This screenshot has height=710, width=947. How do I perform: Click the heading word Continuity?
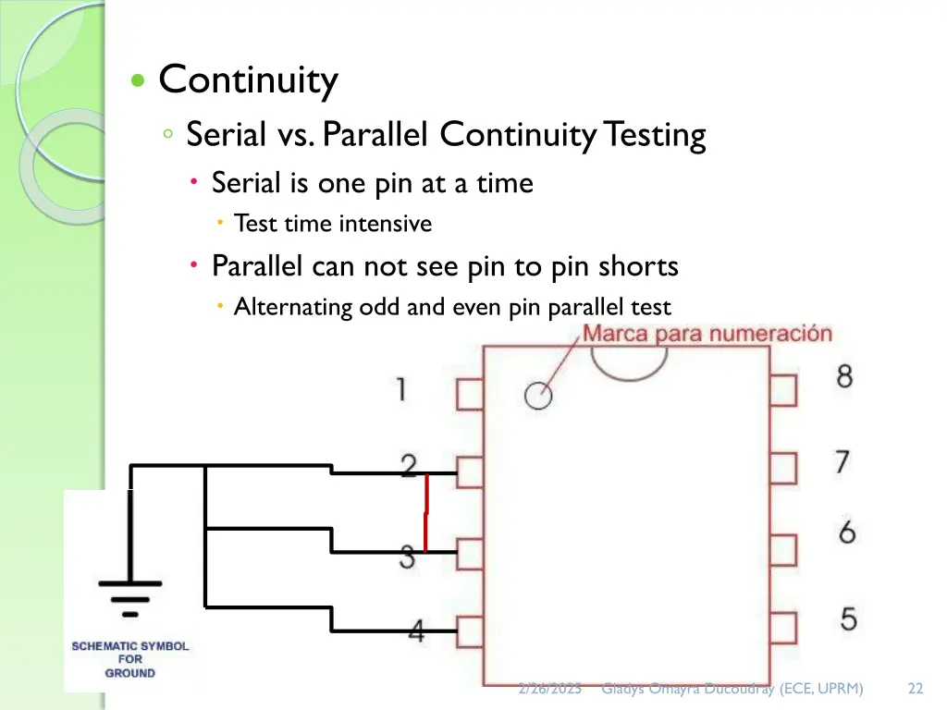coord(248,80)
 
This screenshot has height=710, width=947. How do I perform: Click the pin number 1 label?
coord(400,388)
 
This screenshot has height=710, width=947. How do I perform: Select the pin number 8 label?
coord(844,376)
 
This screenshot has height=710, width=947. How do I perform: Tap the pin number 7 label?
coord(842,460)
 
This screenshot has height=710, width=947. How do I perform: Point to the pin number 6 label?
coord(846,532)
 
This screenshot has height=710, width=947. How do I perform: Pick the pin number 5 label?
coord(848,618)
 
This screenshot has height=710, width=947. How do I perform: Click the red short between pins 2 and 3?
coord(425,514)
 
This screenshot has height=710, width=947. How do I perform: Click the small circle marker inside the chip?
coord(537,396)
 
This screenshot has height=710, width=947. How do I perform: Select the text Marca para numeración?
coord(707,334)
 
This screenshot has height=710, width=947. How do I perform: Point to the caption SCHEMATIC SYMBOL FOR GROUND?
coord(130,659)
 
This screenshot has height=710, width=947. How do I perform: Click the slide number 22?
coord(916,688)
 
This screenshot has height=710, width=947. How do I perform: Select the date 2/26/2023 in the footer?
coord(549,688)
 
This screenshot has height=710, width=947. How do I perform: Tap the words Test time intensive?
coord(333,224)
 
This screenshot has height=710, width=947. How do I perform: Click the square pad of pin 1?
coord(470,395)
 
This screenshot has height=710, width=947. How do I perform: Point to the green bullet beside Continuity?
coord(138,81)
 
